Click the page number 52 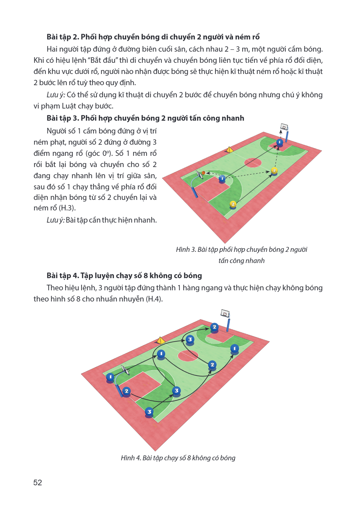pos(38,482)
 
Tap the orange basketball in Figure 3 pos(203,173)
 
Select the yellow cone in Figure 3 pos(229,150)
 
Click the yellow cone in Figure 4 pos(160,340)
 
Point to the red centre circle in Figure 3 pos(253,162)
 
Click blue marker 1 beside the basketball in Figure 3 pos(222,179)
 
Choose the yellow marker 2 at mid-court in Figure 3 pos(274,171)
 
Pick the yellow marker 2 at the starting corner pos(233,204)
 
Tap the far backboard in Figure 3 pos(284,127)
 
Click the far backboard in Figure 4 pos(225,313)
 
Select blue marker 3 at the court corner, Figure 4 pos(149,412)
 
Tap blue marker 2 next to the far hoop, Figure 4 pos(215,327)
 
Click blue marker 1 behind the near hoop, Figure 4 pos(110,377)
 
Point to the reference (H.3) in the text pos(67,208)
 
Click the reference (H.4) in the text pos(154,299)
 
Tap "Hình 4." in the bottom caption pos(131,458)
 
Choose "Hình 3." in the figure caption pos(186,250)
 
